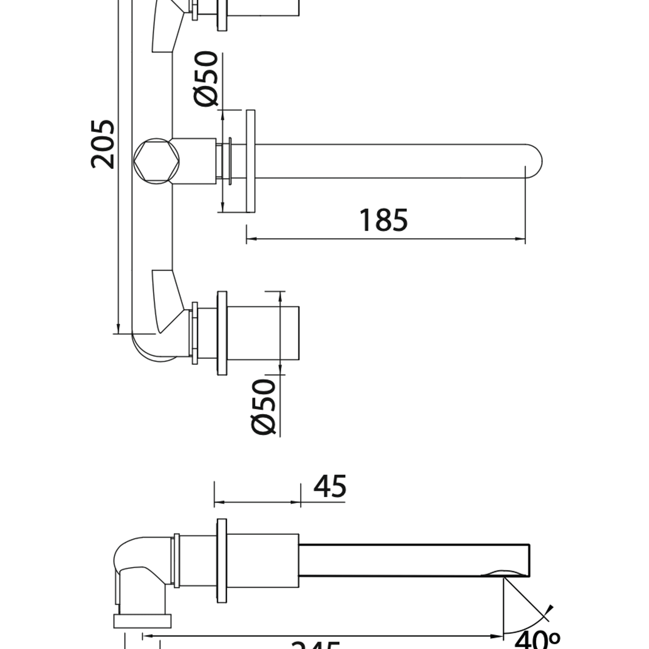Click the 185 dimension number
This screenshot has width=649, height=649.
coord(383,220)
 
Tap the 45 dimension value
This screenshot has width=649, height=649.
coord(330,487)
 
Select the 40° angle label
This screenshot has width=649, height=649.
coord(537,639)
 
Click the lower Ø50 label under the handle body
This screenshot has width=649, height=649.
coord(263,407)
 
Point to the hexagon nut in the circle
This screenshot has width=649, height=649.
coord(156,161)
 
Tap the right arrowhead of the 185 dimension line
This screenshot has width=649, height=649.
coord(520,239)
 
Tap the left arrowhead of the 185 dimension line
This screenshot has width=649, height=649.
coord(251,239)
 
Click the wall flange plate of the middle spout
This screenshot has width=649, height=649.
coord(251,161)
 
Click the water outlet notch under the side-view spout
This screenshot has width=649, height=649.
coord(503,573)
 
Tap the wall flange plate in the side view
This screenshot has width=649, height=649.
coord(222,561)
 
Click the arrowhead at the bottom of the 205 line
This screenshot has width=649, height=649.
coord(118,329)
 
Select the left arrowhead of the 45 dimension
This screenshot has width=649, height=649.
coord(219,502)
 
